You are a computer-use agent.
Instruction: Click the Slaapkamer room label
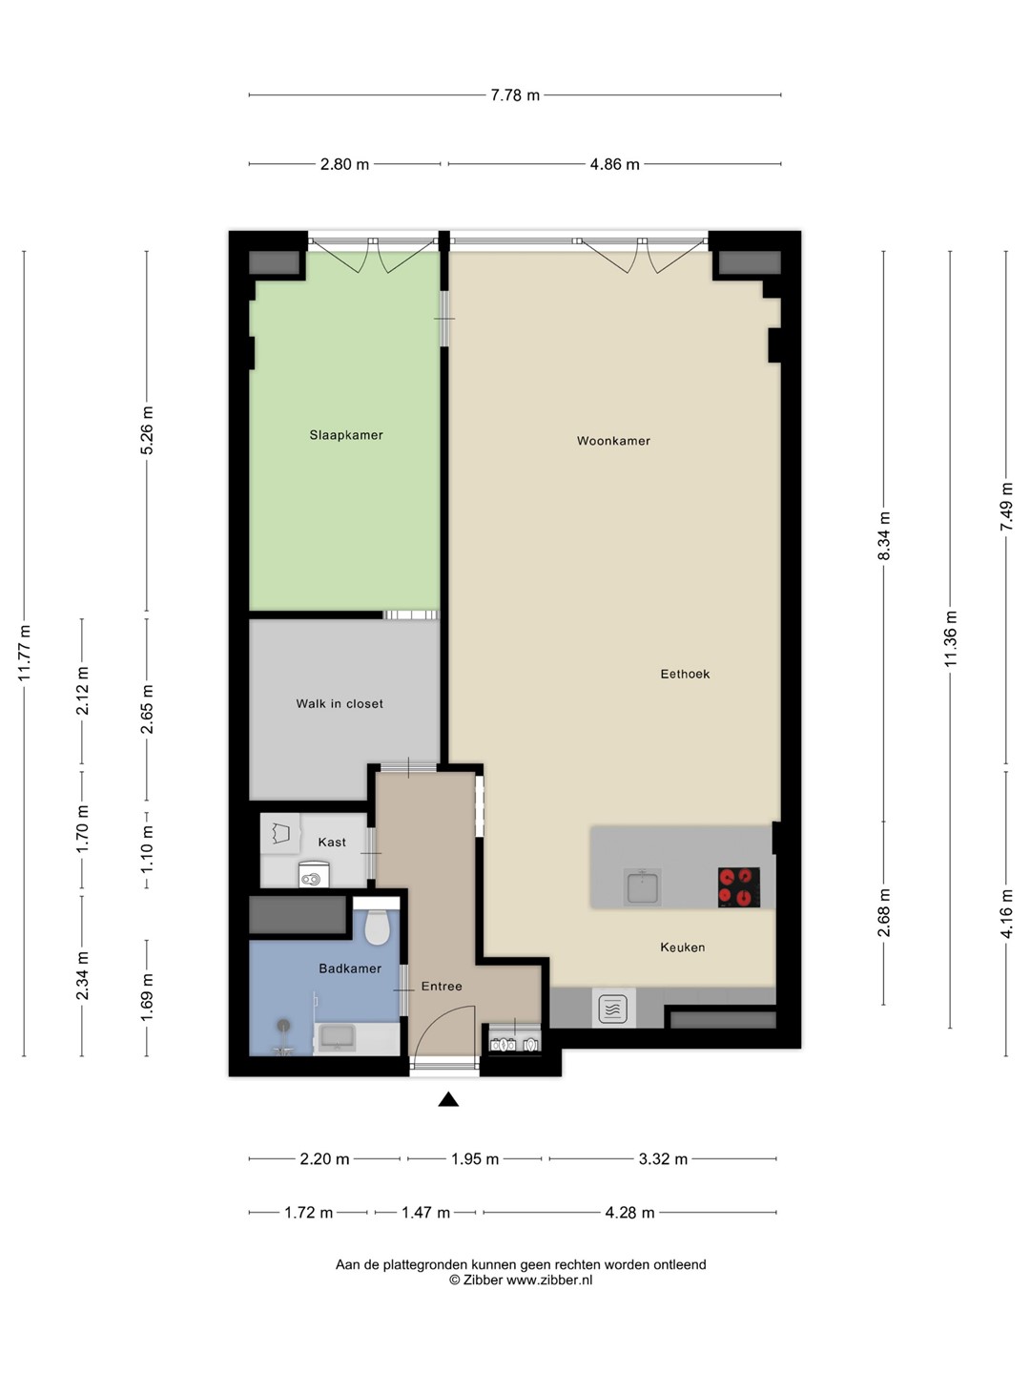point(346,435)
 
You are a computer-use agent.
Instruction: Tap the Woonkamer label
point(613,441)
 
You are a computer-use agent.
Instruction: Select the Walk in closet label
point(340,703)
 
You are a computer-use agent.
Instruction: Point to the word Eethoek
point(685,675)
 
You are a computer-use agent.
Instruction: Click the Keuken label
point(682,947)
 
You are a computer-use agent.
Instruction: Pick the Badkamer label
point(350,969)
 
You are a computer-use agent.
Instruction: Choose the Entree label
point(442,987)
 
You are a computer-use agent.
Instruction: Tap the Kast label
point(332,843)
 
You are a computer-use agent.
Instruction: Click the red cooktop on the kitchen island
point(738,887)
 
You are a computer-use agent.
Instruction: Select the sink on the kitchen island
point(642,886)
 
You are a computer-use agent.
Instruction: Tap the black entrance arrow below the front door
point(448,1099)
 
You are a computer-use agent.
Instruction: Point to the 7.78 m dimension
point(515,95)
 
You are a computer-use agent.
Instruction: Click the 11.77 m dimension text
point(24,654)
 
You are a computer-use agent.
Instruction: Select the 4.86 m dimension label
point(615,165)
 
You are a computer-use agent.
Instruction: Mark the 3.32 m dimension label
point(663,1159)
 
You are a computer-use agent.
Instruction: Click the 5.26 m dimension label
point(147,430)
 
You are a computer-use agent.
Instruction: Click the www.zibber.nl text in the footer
point(549,1280)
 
